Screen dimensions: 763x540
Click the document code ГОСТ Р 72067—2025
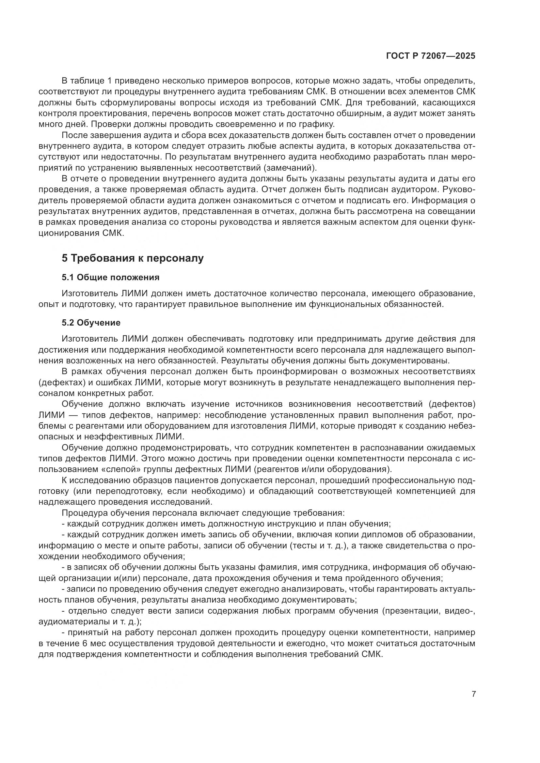pos(431,56)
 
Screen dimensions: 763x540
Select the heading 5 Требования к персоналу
pos(132,258)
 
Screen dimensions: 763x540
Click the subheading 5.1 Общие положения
pos(110,277)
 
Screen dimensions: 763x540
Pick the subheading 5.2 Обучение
pos(91,322)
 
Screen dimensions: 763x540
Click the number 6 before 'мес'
pos(85,643)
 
